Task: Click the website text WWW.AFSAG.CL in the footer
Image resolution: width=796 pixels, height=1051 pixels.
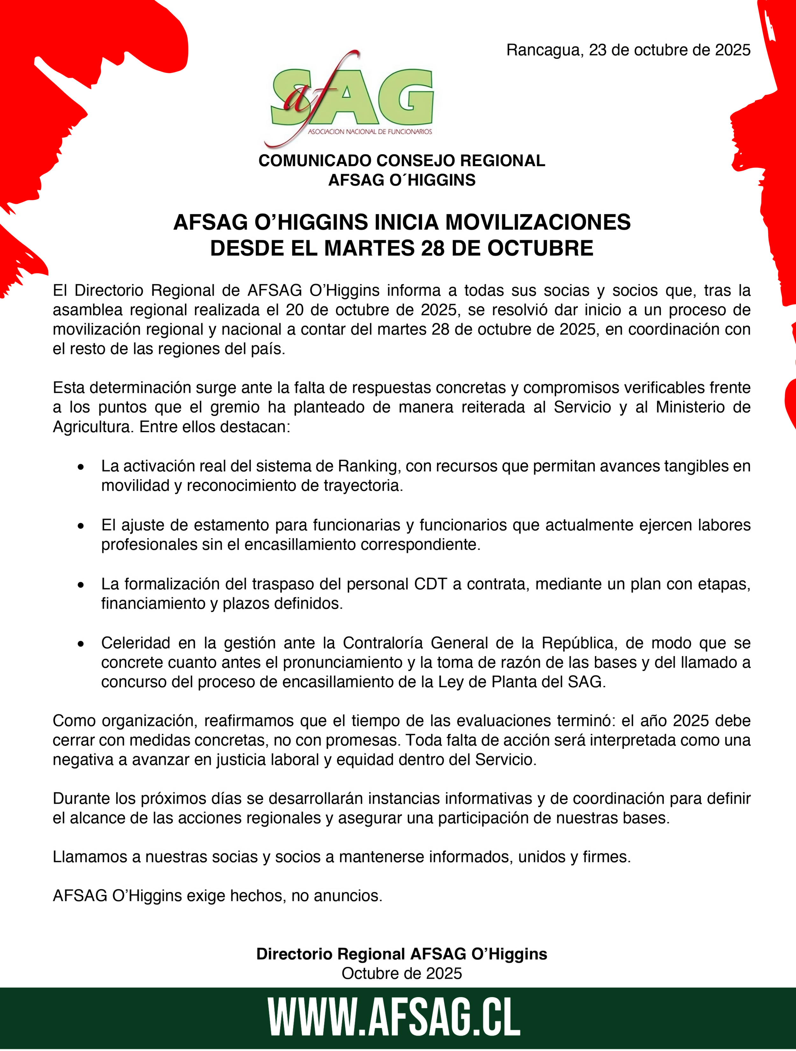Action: (x=394, y=1018)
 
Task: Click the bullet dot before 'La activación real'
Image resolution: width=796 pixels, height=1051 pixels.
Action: (x=81, y=468)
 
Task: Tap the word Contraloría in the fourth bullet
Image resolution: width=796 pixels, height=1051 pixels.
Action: (x=383, y=643)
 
